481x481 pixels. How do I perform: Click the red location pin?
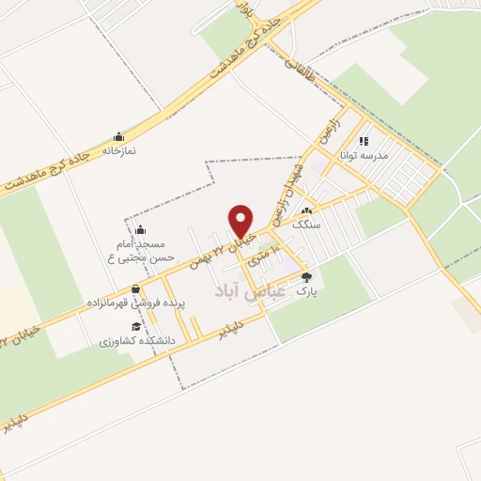tap(242, 221)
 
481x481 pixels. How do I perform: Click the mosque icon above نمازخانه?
tap(118, 136)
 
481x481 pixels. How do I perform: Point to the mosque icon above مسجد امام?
tap(140, 229)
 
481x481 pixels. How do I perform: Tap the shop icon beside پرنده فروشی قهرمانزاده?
tap(136, 288)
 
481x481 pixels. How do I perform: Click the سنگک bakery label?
tap(306, 225)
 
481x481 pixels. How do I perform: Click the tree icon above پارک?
tap(306, 277)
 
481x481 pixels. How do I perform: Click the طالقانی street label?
tap(300, 67)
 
